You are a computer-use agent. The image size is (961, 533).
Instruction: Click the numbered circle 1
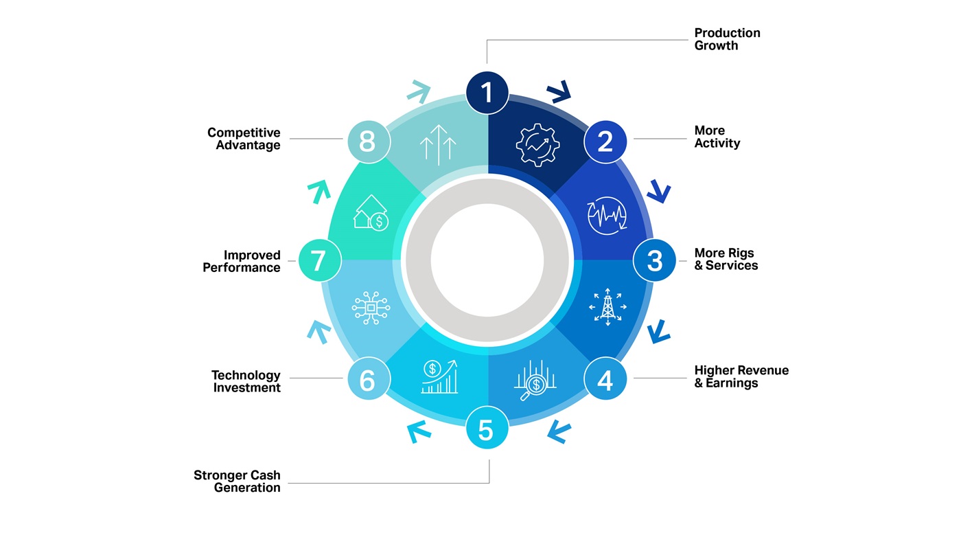click(x=487, y=93)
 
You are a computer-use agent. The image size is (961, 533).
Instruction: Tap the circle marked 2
click(x=605, y=141)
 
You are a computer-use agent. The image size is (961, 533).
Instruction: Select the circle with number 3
click(x=654, y=260)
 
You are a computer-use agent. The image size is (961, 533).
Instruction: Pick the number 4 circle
click(x=605, y=378)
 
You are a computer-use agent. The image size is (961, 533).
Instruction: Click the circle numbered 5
click(x=487, y=427)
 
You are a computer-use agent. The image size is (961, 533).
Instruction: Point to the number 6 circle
click(x=369, y=378)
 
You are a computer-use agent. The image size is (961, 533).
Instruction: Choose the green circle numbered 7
click(x=320, y=260)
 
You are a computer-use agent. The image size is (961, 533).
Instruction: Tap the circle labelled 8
click(x=369, y=141)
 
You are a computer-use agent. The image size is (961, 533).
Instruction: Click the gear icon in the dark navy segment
click(x=537, y=145)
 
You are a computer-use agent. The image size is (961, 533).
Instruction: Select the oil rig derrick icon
click(x=608, y=307)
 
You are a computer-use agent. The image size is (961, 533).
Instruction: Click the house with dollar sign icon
click(x=371, y=213)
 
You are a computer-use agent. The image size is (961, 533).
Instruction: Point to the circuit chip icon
click(x=371, y=308)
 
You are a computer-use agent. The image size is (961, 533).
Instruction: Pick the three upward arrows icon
click(x=438, y=145)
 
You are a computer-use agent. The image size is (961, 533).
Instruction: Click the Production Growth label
click(x=727, y=39)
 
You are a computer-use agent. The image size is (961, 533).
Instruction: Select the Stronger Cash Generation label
click(x=237, y=481)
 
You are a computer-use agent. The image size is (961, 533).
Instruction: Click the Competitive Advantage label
click(x=244, y=139)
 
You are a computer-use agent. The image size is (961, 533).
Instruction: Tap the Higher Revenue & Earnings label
click(x=741, y=376)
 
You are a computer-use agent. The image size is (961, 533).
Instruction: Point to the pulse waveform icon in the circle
click(x=607, y=216)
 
